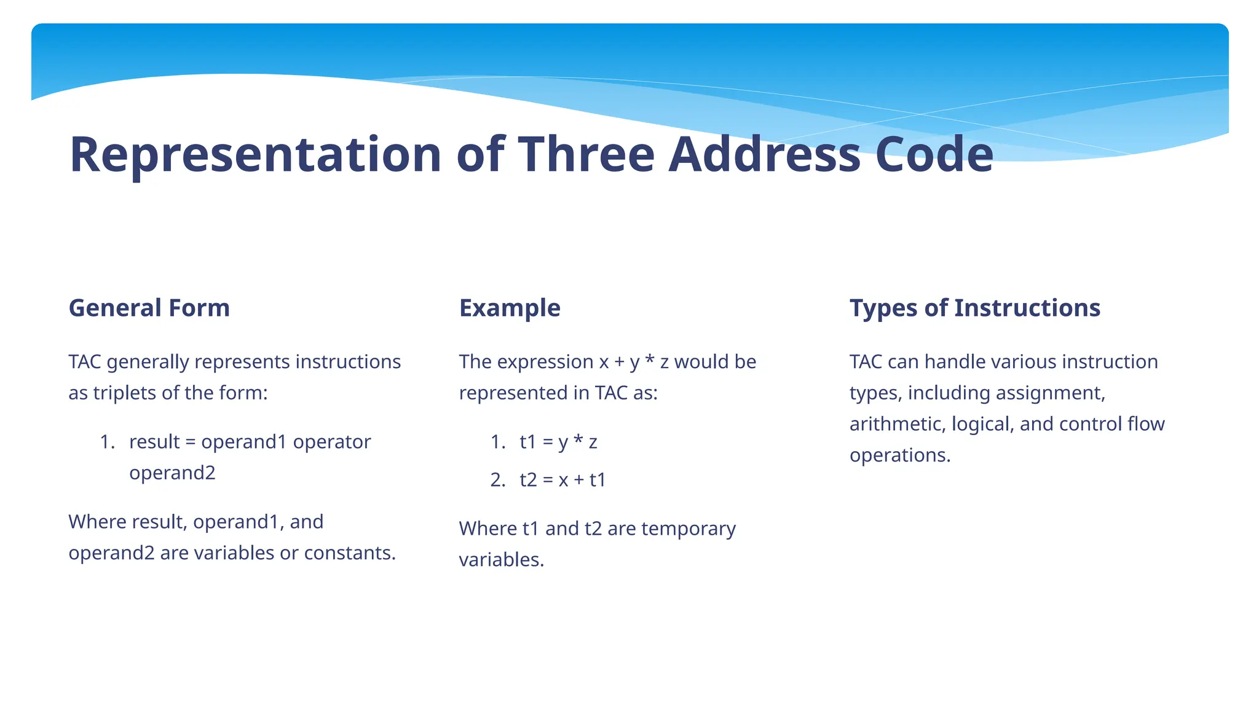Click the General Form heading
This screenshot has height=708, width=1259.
(149, 308)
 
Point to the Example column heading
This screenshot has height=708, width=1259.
(510, 308)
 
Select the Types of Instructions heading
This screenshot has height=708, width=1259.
(974, 308)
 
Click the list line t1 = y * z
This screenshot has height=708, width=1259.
(558, 442)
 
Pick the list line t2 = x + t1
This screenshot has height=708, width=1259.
(562, 479)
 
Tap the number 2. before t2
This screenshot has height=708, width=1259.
(497, 479)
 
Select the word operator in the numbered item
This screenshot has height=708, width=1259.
(332, 442)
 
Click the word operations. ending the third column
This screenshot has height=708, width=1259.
(899, 455)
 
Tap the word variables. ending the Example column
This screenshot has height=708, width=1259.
(501, 560)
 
